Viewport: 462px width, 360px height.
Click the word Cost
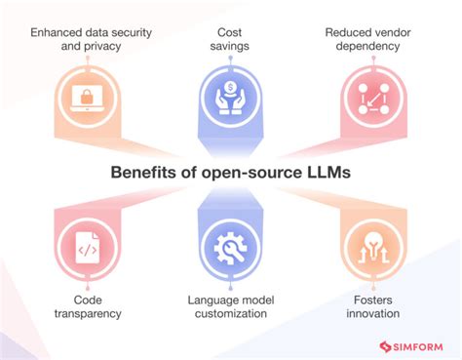tap(231, 32)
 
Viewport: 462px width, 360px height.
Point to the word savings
tap(231, 48)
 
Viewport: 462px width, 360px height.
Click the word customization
tap(231, 314)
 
